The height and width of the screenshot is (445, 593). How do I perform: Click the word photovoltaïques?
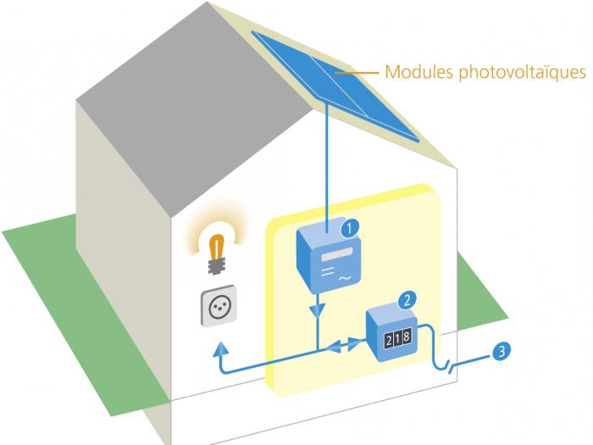pyautogui.click(x=523, y=72)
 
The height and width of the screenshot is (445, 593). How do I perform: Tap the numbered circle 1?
pyautogui.click(x=350, y=228)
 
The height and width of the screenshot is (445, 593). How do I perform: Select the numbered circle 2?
pyautogui.click(x=407, y=300)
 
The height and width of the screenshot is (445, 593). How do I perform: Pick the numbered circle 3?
pyautogui.click(x=502, y=351)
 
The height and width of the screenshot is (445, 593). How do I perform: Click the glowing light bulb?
pyautogui.click(x=217, y=254)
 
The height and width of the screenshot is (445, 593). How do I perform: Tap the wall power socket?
pyautogui.click(x=219, y=306)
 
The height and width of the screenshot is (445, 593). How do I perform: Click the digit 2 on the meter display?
pyautogui.click(x=390, y=340)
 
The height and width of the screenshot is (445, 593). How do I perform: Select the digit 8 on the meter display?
pyautogui.click(x=407, y=337)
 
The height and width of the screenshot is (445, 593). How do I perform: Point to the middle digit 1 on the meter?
pyautogui.click(x=398, y=338)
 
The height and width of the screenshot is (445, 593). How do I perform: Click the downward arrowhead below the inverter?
pyautogui.click(x=317, y=311)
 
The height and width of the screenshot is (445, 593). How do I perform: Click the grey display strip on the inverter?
pyautogui.click(x=337, y=254)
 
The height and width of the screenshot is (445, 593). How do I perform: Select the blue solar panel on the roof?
pyautogui.click(x=335, y=86)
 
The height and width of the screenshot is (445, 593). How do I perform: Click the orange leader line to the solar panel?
pyautogui.click(x=357, y=72)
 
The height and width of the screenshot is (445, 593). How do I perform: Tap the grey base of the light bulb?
pyautogui.click(x=217, y=265)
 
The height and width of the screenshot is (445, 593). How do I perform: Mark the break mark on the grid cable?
pyautogui.click(x=450, y=366)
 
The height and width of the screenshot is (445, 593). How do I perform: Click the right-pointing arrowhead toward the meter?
pyautogui.click(x=353, y=342)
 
